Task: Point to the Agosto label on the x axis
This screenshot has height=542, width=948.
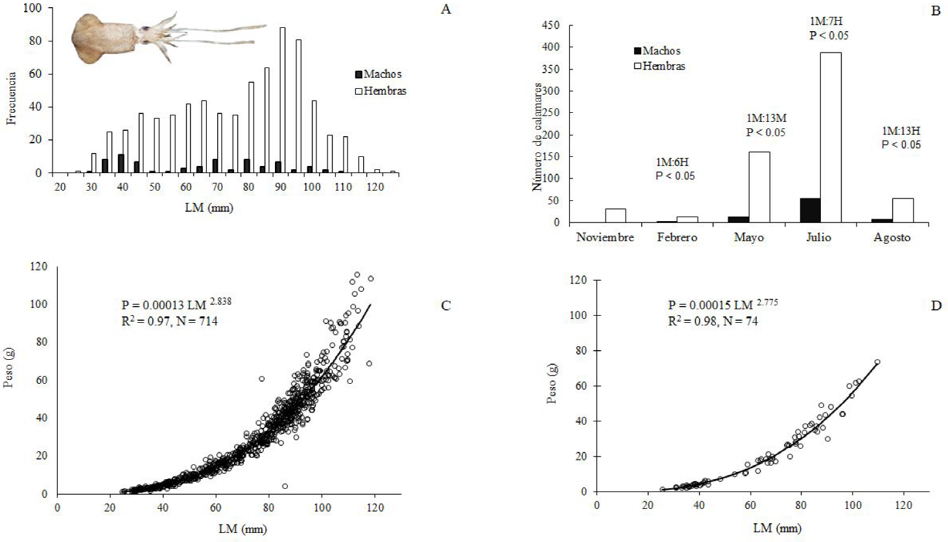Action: (x=892, y=237)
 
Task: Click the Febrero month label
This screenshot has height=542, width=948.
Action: (x=676, y=237)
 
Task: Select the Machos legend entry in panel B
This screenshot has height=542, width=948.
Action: (x=656, y=51)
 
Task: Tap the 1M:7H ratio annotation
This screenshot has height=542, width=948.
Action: (x=825, y=21)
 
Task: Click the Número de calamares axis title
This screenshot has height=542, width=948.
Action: (x=538, y=136)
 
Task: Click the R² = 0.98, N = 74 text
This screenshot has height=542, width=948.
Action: (x=713, y=320)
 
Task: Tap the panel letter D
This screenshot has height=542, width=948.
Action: (x=936, y=305)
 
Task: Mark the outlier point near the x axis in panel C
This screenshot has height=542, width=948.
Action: (x=285, y=486)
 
